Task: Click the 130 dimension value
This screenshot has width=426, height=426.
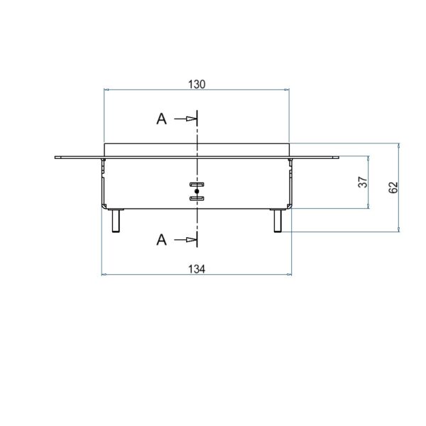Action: click(x=197, y=84)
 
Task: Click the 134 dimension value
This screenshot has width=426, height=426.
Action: click(x=197, y=269)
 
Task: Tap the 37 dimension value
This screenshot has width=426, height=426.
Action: click(x=363, y=182)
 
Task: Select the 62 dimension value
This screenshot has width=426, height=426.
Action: click(x=393, y=187)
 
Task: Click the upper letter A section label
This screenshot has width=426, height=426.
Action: click(x=161, y=119)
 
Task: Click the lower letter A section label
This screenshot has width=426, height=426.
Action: click(x=161, y=240)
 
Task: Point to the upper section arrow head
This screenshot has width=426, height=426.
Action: click(x=191, y=119)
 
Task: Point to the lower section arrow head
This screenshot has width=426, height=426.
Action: click(x=191, y=240)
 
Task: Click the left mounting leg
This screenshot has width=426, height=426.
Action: click(x=116, y=221)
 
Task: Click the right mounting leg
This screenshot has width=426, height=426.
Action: click(x=278, y=221)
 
